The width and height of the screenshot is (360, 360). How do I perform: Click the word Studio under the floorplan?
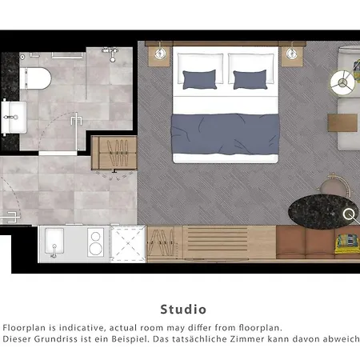pyautogui.click(x=183, y=310)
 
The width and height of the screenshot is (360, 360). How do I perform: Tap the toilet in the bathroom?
pyautogui.click(x=35, y=78)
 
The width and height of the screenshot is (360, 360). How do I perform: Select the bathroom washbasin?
pyautogui.click(x=14, y=117)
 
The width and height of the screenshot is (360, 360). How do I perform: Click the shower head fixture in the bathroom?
pyautogui.click(x=111, y=54)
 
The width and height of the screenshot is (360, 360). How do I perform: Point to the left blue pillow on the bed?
pyautogui.click(x=199, y=79)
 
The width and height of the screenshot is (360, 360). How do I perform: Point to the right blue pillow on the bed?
pyautogui.click(x=250, y=79)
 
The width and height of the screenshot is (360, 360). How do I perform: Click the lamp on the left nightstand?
pyautogui.click(x=160, y=54)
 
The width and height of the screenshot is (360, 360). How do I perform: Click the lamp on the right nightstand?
pyautogui.click(x=291, y=54)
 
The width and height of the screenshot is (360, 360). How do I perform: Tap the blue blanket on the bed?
pyautogui.click(x=225, y=134)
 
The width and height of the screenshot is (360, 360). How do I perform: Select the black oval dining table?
pyautogui.click(x=323, y=212)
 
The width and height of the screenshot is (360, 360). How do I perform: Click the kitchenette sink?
pyautogui.click(x=54, y=242)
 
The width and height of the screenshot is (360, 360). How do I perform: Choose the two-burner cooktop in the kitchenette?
pyautogui.click(x=96, y=242)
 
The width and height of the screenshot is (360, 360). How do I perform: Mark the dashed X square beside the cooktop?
pyautogui.click(x=128, y=243)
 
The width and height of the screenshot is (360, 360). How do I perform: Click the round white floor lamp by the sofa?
pyautogui.click(x=343, y=82)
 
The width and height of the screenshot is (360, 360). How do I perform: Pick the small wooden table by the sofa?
pyautogui.click(x=342, y=122)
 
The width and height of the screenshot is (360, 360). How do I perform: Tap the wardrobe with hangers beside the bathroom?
pyautogui.click(x=114, y=153)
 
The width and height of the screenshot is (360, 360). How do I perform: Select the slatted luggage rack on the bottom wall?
pyautogui.click(x=217, y=242)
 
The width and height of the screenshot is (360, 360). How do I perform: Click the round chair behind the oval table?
pyautogui.click(x=334, y=186)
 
